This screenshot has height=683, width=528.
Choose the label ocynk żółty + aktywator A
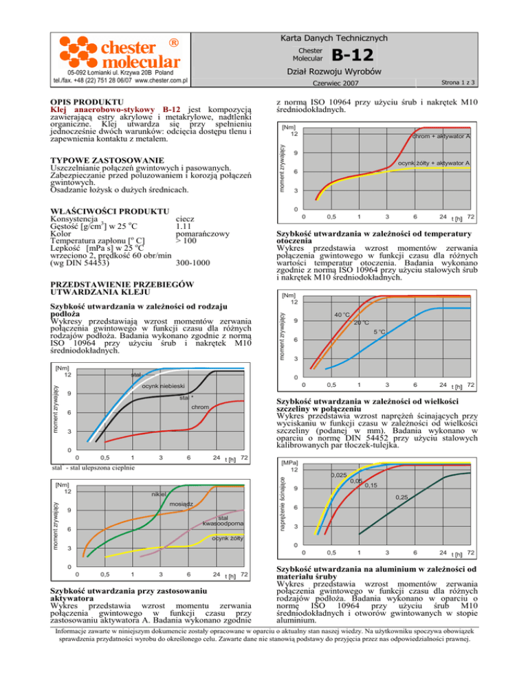point(434,163)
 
